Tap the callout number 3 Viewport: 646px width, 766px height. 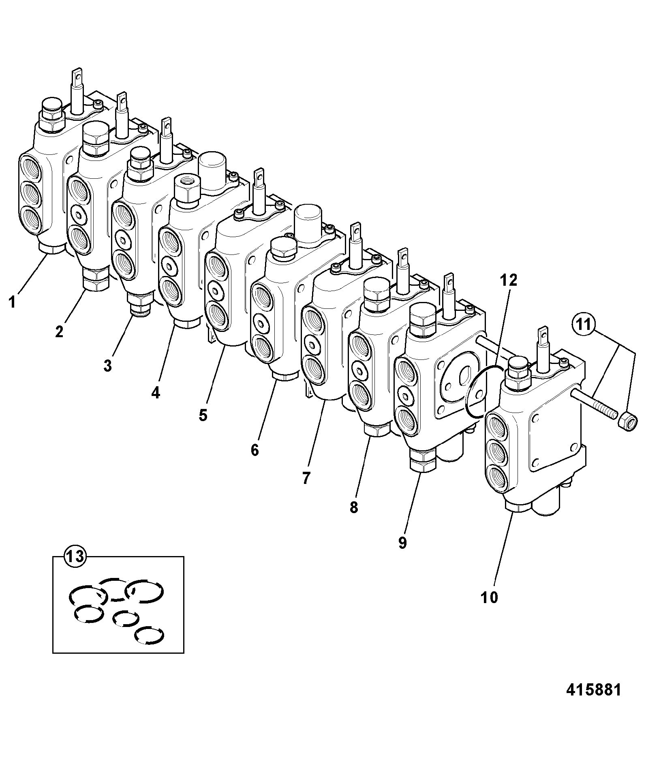pyautogui.click(x=107, y=366)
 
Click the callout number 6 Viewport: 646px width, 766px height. pyautogui.click(x=255, y=449)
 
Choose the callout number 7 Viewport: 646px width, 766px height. pyautogui.click(x=306, y=478)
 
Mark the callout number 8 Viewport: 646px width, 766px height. pyautogui.click(x=354, y=507)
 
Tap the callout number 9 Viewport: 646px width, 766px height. pyautogui.click(x=402, y=543)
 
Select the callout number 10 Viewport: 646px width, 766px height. pyautogui.click(x=489, y=597)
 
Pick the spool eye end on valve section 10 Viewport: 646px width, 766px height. pyautogui.click(x=542, y=334)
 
